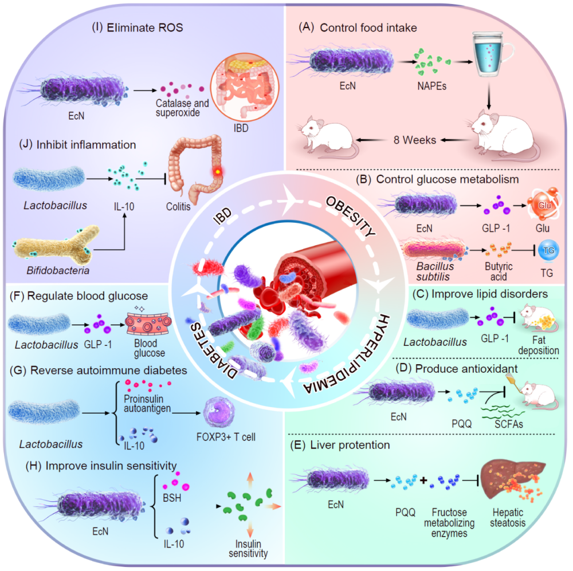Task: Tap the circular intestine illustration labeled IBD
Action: tap(245, 87)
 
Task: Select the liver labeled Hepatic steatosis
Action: tap(512, 482)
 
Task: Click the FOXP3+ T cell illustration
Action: tap(218, 413)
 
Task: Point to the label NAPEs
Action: tap(431, 86)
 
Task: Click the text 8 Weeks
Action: tap(414, 140)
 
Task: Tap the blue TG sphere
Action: tap(548, 251)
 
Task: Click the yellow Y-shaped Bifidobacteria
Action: tap(57, 245)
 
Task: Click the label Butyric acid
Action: tap(498, 271)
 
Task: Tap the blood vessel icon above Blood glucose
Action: tap(148, 324)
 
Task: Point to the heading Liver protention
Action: tap(350, 445)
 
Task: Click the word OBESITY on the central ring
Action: tap(350, 216)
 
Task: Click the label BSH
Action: tap(172, 498)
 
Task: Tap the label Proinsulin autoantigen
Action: tap(147, 404)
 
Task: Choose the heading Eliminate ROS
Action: tap(145, 27)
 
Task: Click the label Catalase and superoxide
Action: tap(182, 108)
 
